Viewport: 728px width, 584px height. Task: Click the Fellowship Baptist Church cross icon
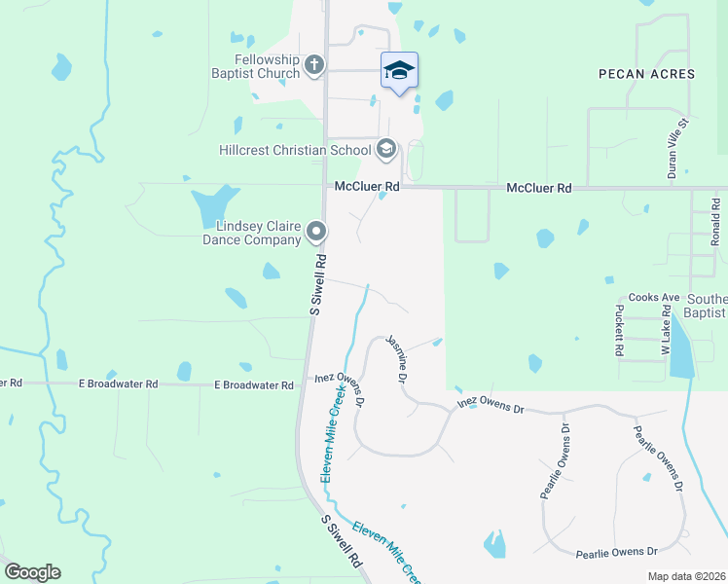tap(313, 65)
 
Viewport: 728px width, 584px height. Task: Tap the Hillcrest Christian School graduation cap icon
tap(386, 149)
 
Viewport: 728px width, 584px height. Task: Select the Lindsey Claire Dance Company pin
tap(316, 232)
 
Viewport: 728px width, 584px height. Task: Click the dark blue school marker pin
tap(399, 70)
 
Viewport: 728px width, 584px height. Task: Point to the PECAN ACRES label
tap(647, 74)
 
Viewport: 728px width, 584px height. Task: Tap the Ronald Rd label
tap(714, 222)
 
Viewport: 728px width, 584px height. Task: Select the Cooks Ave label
tap(653, 297)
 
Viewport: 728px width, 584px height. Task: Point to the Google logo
tap(31, 572)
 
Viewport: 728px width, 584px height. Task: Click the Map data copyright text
tap(685, 576)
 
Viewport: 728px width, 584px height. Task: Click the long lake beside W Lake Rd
tap(682, 347)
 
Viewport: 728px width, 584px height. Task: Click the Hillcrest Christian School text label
tap(295, 150)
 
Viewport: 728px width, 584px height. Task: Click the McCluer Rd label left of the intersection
tap(367, 186)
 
